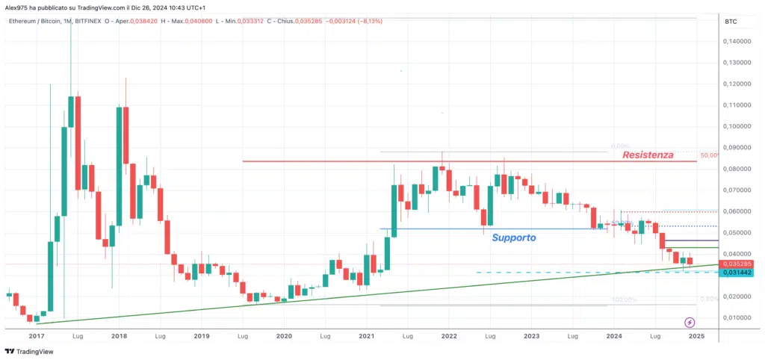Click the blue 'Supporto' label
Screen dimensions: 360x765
pos(513,238)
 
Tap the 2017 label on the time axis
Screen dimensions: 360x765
pos(36,336)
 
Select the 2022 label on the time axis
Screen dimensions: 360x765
pos(448,336)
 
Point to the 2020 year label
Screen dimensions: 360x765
pos(283,336)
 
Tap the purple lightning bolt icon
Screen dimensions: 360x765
pos(689,322)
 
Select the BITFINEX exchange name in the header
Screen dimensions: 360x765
pos(90,21)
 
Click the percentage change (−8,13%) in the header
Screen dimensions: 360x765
pos(369,21)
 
